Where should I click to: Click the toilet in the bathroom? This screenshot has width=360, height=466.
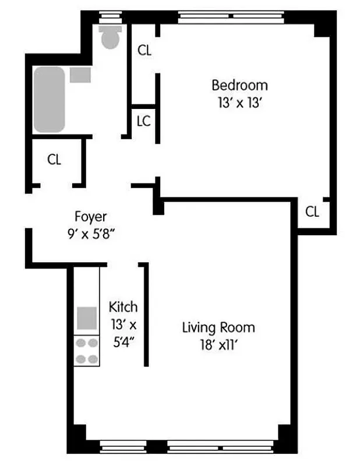[110, 37]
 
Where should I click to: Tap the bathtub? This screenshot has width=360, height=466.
[49, 99]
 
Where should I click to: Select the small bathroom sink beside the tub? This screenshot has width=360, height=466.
[80, 75]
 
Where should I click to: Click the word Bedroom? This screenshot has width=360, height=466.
[239, 85]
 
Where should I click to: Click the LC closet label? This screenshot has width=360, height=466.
[143, 122]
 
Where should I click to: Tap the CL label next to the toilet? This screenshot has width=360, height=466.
[144, 51]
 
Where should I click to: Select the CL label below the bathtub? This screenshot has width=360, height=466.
[54, 160]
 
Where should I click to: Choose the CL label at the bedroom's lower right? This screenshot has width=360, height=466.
[312, 212]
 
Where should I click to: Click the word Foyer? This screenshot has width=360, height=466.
[91, 217]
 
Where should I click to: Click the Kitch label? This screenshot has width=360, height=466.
[123, 307]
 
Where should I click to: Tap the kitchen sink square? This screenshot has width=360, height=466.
[87, 318]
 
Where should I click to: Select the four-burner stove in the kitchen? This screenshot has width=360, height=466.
[87, 351]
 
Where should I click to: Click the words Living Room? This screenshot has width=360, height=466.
[218, 327]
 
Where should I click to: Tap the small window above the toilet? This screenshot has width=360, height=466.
[109, 16]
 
